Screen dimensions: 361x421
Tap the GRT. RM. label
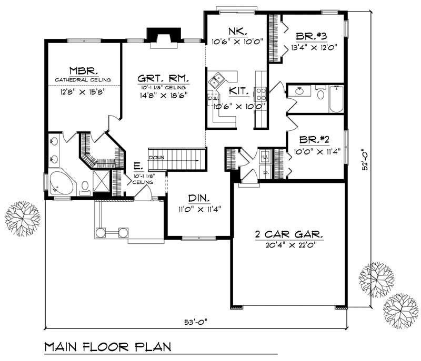tap(164, 77)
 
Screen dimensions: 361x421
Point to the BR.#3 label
tap(312, 36)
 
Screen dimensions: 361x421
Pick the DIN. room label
tap(199, 199)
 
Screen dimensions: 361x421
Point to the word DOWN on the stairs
tap(156, 158)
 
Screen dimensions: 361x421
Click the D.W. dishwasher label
tap(213, 98)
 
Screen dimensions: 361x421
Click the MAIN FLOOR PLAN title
tap(107, 347)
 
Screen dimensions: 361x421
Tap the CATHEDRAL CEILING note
tap(83, 80)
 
